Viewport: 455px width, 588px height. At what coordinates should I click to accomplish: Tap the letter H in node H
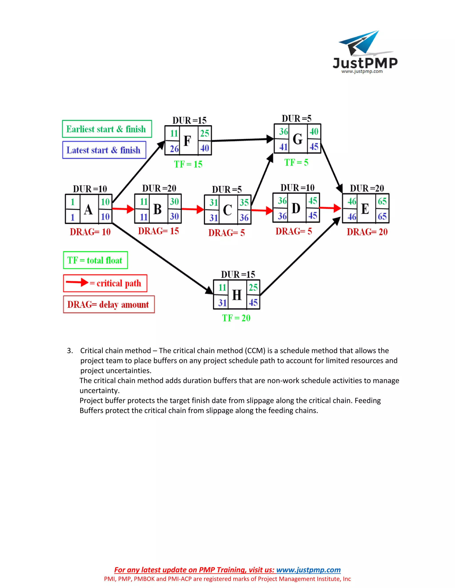coord(237,295)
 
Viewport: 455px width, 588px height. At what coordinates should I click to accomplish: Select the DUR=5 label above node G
coord(297,118)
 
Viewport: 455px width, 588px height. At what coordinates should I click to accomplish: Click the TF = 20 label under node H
coord(236,318)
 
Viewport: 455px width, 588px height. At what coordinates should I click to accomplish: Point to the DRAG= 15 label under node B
coord(158,231)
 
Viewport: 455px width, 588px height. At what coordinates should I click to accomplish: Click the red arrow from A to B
coord(123,209)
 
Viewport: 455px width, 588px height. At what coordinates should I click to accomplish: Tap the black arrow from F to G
coord(243,140)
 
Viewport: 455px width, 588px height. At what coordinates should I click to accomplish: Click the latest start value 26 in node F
coord(174,149)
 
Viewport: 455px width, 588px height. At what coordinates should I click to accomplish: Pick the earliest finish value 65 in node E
coord(382,201)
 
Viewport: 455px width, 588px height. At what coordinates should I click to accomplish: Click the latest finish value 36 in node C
coord(244,217)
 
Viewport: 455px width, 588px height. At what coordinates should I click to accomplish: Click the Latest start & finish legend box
coord(104,150)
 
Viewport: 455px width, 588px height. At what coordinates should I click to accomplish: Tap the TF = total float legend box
coord(95,260)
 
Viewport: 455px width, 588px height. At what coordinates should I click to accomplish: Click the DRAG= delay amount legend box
coord(109,304)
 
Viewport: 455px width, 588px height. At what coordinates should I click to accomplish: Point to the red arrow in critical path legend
coord(77,282)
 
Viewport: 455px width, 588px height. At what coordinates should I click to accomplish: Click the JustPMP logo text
coord(365,63)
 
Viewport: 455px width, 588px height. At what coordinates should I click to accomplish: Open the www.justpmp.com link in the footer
coord(308,570)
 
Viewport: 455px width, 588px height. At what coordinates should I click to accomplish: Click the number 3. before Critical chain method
coord(70,351)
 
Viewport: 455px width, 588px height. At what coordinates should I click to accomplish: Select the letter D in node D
coord(296,208)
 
